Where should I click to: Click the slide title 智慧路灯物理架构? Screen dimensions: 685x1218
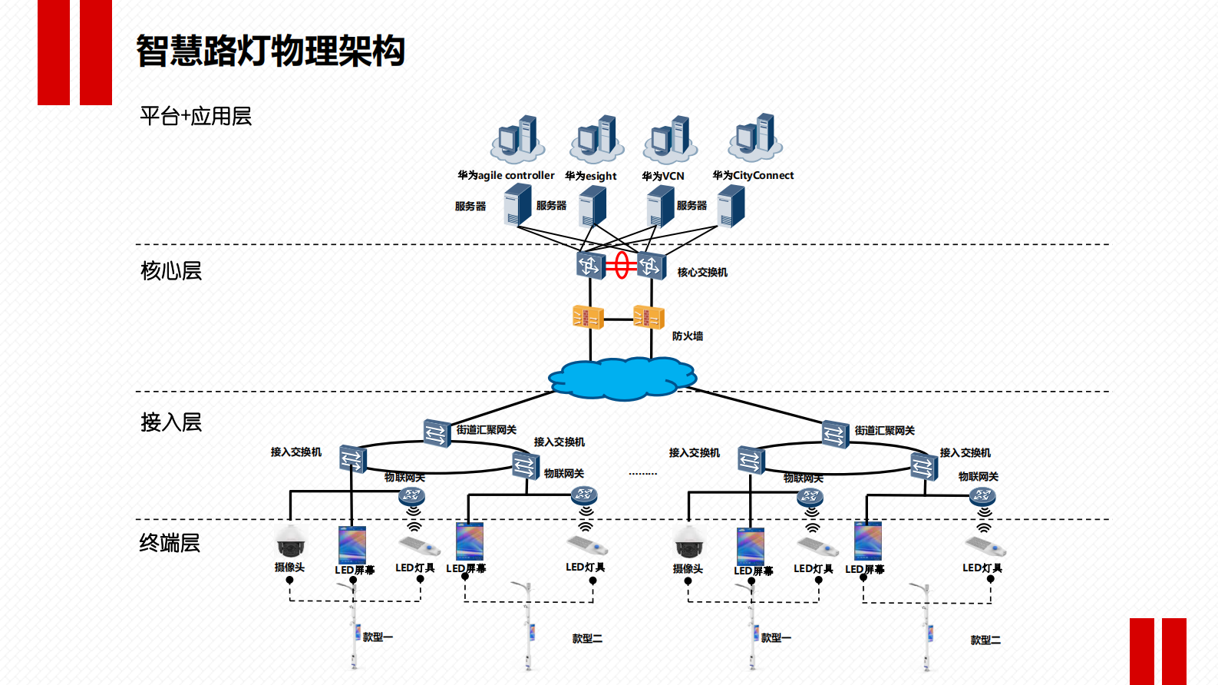[x=270, y=51]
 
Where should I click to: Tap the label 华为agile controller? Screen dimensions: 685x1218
[x=506, y=175]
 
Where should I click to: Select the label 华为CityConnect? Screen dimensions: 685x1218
[x=753, y=175]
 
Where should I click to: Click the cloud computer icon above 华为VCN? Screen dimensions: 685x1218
[x=670, y=140]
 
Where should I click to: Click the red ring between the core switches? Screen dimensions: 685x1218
[x=622, y=266]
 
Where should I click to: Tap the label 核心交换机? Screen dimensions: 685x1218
[x=701, y=272]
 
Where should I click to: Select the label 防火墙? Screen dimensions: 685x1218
[x=687, y=336]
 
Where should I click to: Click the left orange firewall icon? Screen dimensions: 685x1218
[x=588, y=316]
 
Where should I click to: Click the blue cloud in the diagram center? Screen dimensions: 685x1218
[x=622, y=378]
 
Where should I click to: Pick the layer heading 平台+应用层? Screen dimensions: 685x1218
[x=196, y=116]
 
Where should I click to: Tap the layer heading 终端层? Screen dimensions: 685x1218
[x=170, y=543]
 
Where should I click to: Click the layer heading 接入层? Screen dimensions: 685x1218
[x=171, y=422]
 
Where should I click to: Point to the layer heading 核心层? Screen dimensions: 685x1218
[x=171, y=270]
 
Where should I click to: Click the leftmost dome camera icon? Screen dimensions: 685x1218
[x=291, y=541]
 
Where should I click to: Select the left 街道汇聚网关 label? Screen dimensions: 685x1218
[x=486, y=430]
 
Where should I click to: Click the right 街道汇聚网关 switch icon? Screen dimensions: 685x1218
[x=835, y=434]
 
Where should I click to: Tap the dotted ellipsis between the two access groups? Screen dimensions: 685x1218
[x=642, y=474]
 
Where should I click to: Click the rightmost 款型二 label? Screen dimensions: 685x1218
[x=985, y=640]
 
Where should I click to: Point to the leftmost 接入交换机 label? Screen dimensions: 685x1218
[x=295, y=452]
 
